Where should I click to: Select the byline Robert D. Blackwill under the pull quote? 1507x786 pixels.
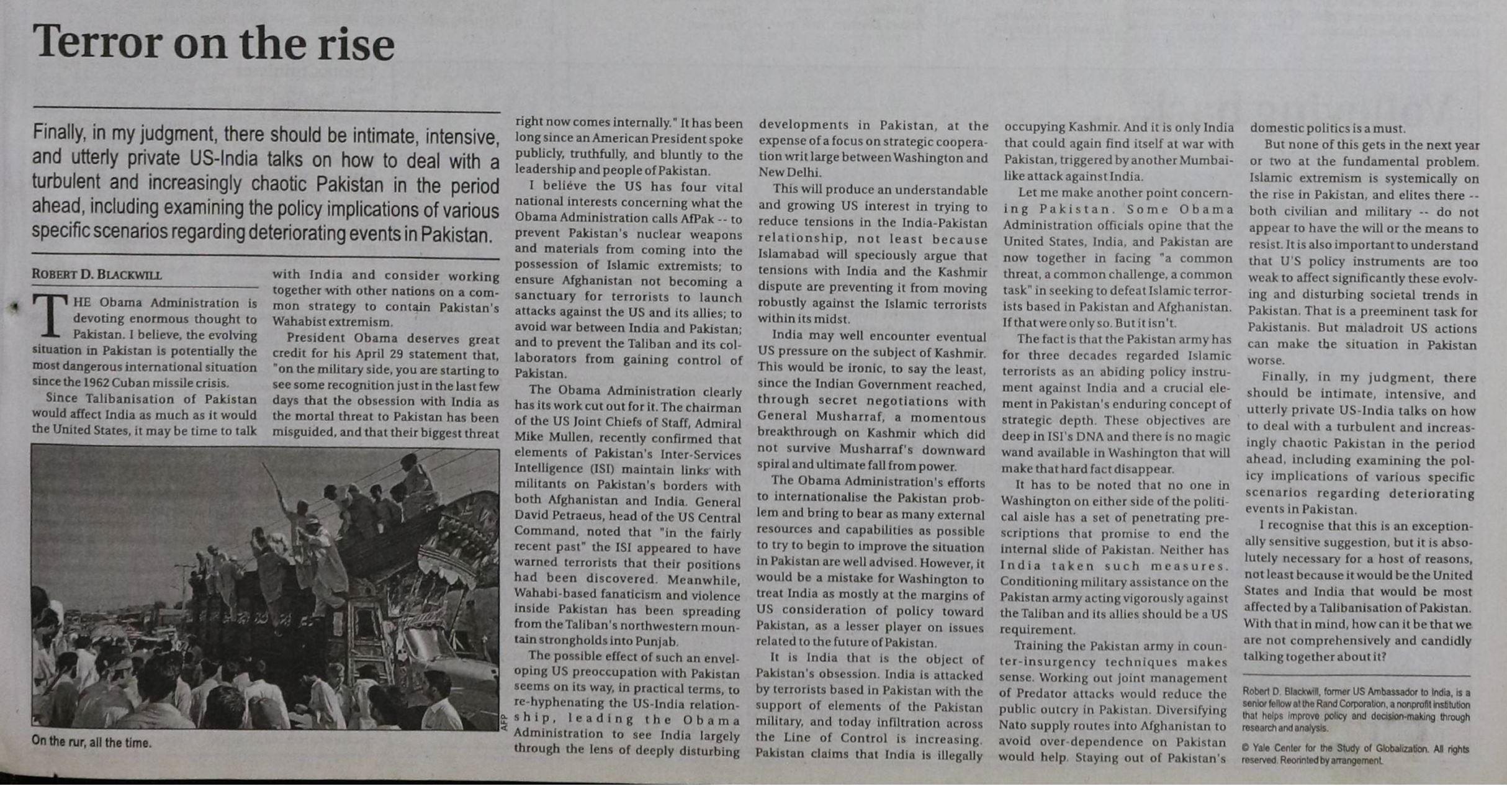click(x=97, y=274)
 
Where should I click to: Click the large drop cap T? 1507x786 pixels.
click(x=49, y=315)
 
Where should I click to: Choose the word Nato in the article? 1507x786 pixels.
click(x=1013, y=726)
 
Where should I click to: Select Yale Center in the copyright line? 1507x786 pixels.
click(x=1275, y=748)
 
